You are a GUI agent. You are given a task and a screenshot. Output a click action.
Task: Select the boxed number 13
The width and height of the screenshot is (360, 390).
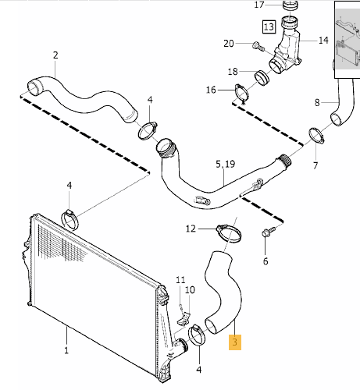(x=268, y=27)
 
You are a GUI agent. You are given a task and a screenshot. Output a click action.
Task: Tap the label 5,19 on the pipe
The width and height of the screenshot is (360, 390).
(x=224, y=165)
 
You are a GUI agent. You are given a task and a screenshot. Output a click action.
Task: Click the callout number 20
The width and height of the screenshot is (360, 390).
(x=228, y=43)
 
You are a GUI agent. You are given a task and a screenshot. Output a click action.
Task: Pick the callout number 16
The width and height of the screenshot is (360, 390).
(x=210, y=90)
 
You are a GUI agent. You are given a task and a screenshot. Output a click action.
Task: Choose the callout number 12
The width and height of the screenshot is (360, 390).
(x=191, y=229)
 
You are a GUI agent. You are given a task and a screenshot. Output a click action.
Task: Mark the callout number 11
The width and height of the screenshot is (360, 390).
(x=180, y=279)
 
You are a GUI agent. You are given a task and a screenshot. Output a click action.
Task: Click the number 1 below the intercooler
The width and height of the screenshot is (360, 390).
(x=67, y=352)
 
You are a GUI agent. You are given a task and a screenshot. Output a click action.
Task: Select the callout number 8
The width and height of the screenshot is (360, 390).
(x=316, y=102)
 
